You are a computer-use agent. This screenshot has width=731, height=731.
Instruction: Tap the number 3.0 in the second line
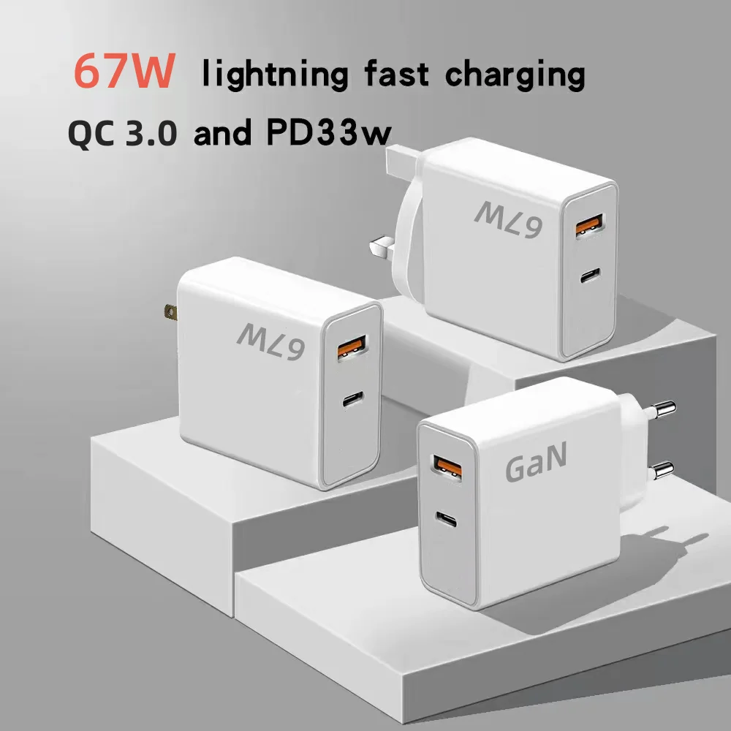pos(151,135)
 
